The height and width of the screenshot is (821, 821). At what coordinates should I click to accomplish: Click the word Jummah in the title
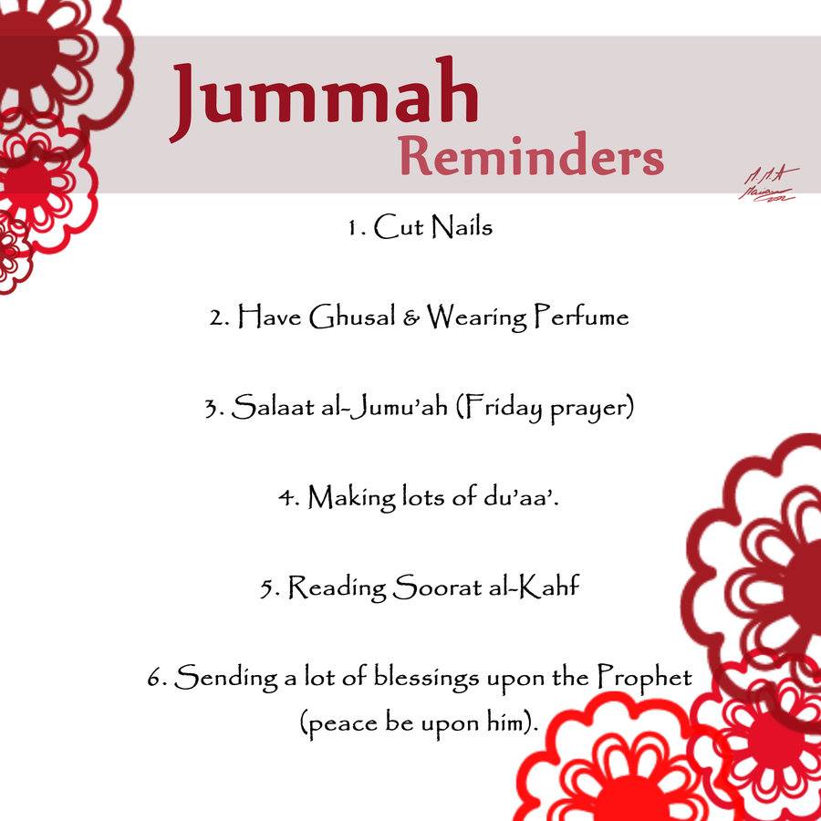(x=324, y=99)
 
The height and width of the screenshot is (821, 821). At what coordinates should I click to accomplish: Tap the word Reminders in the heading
(x=531, y=157)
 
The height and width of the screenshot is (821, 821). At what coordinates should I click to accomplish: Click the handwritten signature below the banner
(x=768, y=185)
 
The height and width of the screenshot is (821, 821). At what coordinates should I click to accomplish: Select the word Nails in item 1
(x=462, y=226)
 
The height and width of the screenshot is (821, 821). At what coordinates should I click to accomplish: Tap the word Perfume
(x=581, y=317)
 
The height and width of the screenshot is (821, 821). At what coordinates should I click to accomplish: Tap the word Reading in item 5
(x=337, y=587)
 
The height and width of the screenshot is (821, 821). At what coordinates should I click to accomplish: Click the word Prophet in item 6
(x=645, y=678)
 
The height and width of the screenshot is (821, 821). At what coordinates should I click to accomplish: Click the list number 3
(x=213, y=408)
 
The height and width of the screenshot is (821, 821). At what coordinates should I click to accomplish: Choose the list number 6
(x=154, y=679)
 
